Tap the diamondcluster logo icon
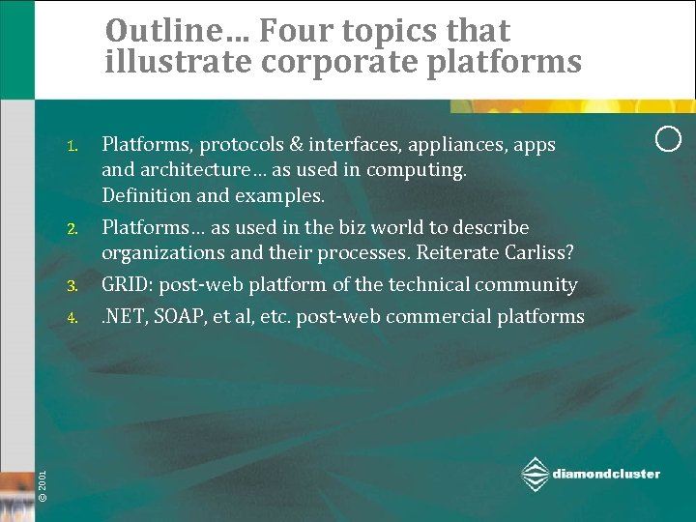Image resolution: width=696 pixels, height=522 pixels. [x=535, y=474]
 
